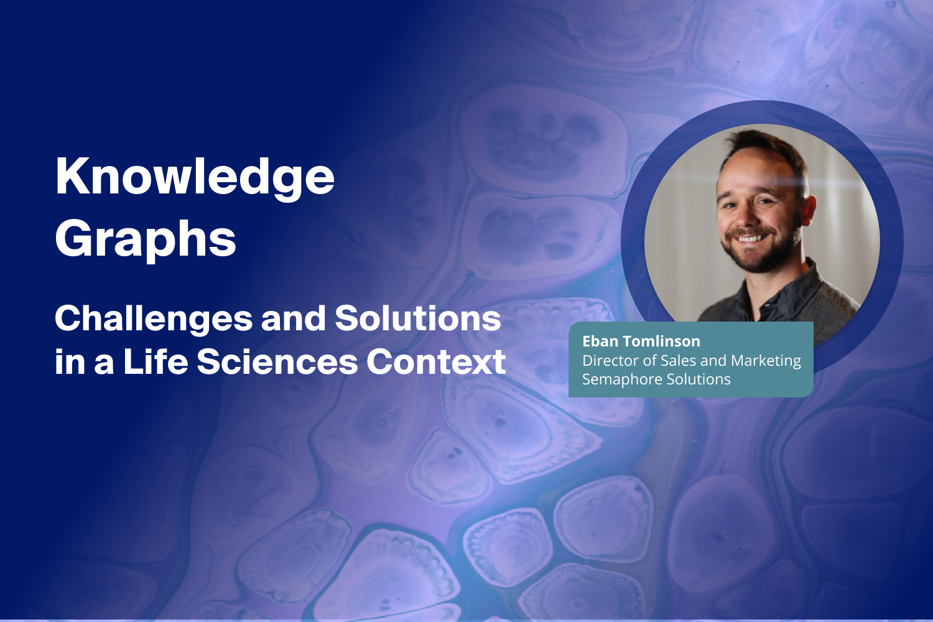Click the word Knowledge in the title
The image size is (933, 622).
(x=195, y=177)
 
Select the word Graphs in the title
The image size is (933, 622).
(x=146, y=239)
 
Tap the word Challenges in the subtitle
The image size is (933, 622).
(x=154, y=319)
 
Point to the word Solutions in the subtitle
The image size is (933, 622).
(x=417, y=318)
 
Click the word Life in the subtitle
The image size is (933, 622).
(x=155, y=362)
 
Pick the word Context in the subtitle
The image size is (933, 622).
(x=435, y=362)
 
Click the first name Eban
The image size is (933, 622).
(x=600, y=341)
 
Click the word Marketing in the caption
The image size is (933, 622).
(x=766, y=361)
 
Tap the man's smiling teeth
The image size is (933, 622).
(x=750, y=238)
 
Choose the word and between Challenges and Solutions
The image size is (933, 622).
(x=293, y=319)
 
